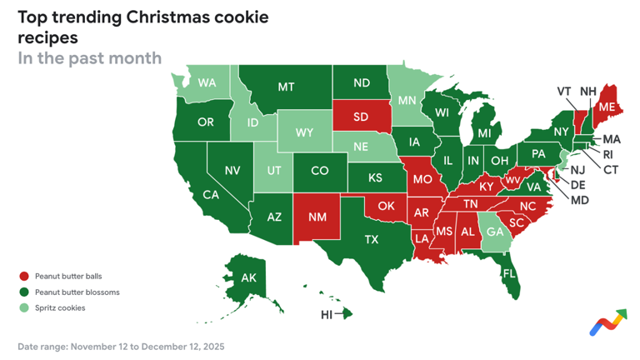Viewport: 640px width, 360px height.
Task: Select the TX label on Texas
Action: (372, 239)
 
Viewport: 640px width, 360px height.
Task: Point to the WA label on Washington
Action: (207, 83)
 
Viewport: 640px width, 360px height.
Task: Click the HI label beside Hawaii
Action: (327, 314)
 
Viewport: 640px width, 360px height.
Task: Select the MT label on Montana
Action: (286, 86)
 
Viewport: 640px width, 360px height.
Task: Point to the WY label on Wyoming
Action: (304, 132)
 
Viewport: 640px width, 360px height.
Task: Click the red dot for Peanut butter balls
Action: (24, 276)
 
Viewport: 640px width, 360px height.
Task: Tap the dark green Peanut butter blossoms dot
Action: (24, 292)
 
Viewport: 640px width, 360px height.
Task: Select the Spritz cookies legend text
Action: (60, 307)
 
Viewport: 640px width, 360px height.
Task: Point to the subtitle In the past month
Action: (89, 57)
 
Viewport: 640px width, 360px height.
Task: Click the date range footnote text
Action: (121, 346)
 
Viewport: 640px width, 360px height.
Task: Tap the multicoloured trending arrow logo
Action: (607, 322)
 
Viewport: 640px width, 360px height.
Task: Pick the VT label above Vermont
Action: (564, 91)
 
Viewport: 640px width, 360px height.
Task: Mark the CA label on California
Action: (211, 195)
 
